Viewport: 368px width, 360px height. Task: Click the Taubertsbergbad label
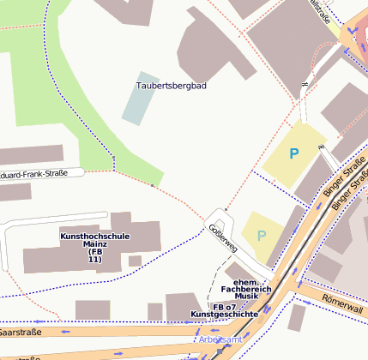(x=172, y=86)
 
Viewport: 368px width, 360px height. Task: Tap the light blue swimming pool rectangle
(x=140, y=98)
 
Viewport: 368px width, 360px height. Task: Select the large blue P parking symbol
(x=294, y=154)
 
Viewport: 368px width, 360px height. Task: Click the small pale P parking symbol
(x=262, y=235)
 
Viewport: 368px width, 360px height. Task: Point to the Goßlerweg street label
(x=221, y=238)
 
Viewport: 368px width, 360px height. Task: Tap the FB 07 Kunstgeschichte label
(x=225, y=310)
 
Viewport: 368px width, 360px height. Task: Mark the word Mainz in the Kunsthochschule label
(x=94, y=243)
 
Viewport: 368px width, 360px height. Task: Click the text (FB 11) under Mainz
(x=94, y=255)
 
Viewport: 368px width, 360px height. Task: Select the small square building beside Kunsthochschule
(x=135, y=261)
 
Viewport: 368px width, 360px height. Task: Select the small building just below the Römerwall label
(x=297, y=318)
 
